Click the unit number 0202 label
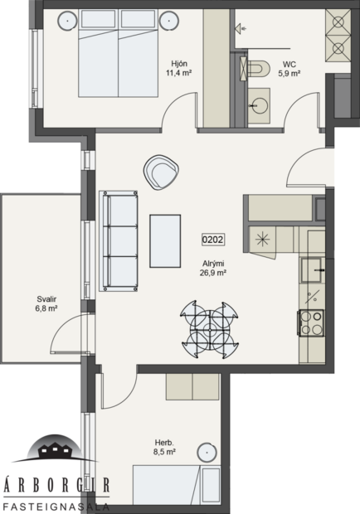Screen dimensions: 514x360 pos(213,241)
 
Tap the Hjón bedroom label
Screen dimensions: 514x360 pos(178,62)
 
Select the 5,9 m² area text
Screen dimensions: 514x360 pos(289,73)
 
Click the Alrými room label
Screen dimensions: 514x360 pos(213,262)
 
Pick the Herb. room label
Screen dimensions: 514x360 pos(163,443)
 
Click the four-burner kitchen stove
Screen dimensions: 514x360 pos(312,322)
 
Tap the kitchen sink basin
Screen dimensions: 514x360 pos(313,268)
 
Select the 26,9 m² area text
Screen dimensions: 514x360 pos(213,272)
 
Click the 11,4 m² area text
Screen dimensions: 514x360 pos(179,72)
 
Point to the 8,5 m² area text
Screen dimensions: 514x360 pos(164,453)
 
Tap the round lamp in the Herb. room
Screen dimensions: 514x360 pos(207,453)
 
